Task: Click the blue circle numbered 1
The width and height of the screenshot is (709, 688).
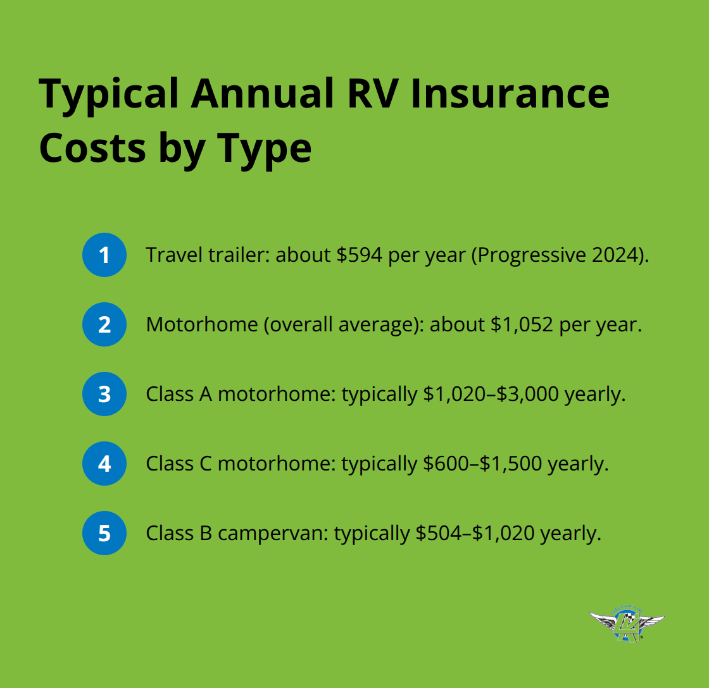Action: [104, 255]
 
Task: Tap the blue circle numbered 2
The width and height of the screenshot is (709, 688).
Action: [104, 324]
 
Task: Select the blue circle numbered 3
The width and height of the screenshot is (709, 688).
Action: [104, 394]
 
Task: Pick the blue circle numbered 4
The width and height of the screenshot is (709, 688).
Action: [104, 464]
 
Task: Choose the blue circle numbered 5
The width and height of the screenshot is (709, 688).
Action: [104, 533]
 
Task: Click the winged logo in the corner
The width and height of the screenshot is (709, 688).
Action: [627, 625]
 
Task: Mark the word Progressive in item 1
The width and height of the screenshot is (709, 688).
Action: [534, 255]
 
